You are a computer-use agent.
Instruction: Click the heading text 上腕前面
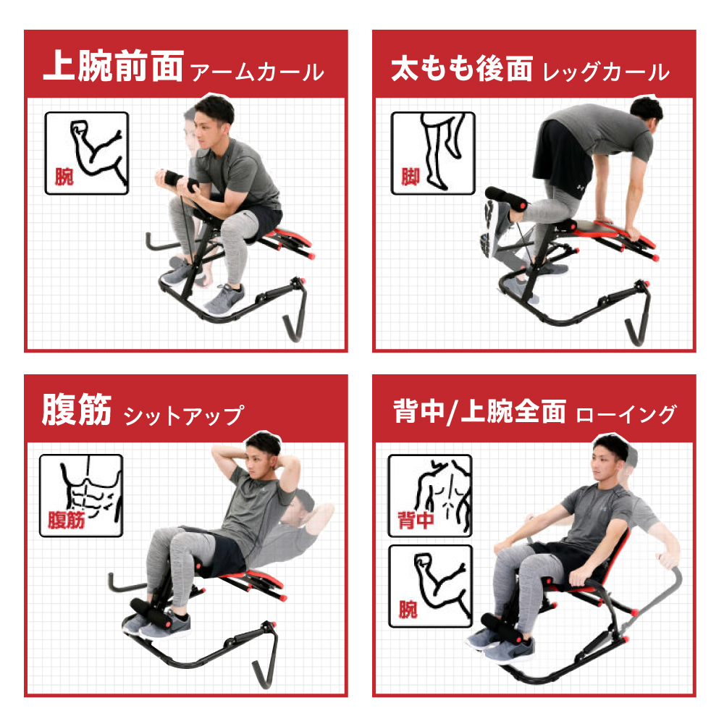(114, 66)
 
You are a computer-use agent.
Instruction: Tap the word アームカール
(257, 72)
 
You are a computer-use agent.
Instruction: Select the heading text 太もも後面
(462, 68)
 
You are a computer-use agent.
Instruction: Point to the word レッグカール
(606, 72)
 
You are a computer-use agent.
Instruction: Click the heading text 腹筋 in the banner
(77, 410)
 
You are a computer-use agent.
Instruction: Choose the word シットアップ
(184, 416)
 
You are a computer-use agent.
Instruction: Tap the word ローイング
(626, 414)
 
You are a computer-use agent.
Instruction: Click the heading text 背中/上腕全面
(479, 411)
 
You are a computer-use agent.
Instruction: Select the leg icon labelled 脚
(433, 153)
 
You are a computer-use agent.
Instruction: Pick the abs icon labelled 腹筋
(81, 495)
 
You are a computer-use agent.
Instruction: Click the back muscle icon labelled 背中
(430, 495)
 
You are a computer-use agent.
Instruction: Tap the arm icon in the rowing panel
(430, 586)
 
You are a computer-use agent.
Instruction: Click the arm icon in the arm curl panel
(87, 153)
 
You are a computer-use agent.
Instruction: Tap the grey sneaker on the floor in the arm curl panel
(225, 298)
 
